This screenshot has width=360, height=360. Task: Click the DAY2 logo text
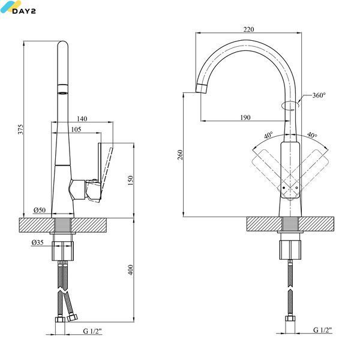(x=24, y=11)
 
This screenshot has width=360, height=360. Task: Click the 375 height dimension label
(x=20, y=129)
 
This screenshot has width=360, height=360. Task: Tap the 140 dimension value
(x=82, y=118)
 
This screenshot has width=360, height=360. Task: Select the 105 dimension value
(x=76, y=129)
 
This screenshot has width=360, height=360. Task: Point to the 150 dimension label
(x=130, y=180)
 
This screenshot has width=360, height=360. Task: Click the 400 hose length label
(x=130, y=270)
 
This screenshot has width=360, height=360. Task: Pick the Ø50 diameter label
(x=40, y=210)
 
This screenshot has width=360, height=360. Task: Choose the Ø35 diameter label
(x=37, y=242)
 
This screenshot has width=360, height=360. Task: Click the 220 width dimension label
(x=248, y=29)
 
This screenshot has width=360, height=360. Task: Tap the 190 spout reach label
(x=245, y=118)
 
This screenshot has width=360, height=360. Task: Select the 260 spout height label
(x=181, y=155)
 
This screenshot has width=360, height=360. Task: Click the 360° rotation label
(x=319, y=95)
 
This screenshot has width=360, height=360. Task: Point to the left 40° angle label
(x=268, y=135)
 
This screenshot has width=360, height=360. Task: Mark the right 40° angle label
(x=312, y=135)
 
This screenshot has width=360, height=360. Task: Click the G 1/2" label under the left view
(x=92, y=331)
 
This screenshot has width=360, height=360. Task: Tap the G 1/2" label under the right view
(x=323, y=330)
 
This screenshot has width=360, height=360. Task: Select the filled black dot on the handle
(x=284, y=188)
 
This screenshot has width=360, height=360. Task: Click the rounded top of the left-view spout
(x=62, y=44)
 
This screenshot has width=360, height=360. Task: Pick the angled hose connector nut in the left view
(x=73, y=317)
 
